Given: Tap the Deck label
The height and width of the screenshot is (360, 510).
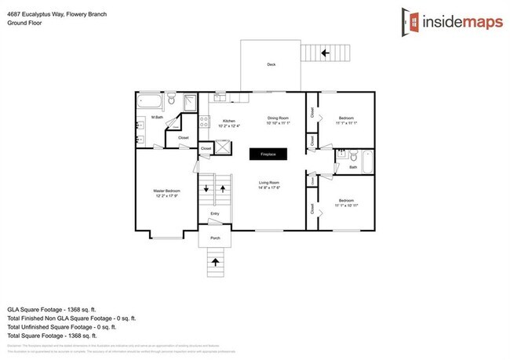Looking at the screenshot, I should (x=271, y=64).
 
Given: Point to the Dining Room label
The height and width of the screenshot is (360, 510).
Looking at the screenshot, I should (x=279, y=118).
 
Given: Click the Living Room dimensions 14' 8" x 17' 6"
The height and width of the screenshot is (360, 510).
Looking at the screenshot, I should (x=269, y=187).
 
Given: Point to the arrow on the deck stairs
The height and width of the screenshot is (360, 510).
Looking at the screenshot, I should (x=326, y=53).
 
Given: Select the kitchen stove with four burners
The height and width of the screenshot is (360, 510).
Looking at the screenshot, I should (x=204, y=122).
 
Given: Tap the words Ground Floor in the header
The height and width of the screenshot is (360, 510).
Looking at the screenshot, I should (x=24, y=23).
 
